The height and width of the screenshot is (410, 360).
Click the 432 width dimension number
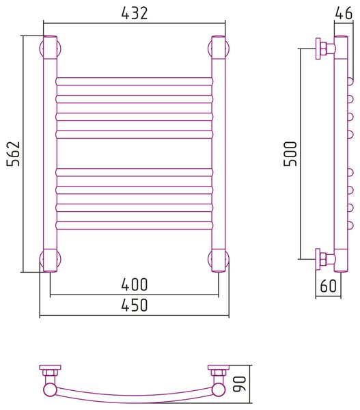point(135,13)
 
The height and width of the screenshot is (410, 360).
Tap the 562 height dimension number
point(14,154)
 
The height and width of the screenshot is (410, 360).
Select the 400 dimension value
point(135,285)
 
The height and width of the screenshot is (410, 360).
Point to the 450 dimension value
point(135,305)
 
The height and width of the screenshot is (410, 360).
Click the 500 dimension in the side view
point(290,154)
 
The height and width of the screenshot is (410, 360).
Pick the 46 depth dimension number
point(344,13)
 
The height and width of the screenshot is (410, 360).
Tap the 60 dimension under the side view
point(328,286)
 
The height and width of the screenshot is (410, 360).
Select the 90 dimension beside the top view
point(240,384)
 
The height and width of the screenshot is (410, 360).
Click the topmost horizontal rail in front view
point(135,81)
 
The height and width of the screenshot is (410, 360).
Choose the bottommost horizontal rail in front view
point(135,225)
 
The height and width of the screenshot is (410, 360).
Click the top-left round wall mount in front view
point(50,49)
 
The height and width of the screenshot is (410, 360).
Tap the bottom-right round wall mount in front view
point(219,259)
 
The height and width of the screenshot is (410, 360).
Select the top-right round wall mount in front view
point(219,49)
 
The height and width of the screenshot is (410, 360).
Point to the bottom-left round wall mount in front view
point(50,259)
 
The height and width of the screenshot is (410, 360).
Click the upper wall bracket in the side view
point(324,49)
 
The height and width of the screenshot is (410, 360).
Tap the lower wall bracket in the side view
point(324,259)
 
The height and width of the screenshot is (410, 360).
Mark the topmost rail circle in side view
point(350,81)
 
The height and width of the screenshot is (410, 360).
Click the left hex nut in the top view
point(50,372)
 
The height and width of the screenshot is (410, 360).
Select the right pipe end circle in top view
point(219,389)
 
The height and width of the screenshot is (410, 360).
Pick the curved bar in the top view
point(135,396)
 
